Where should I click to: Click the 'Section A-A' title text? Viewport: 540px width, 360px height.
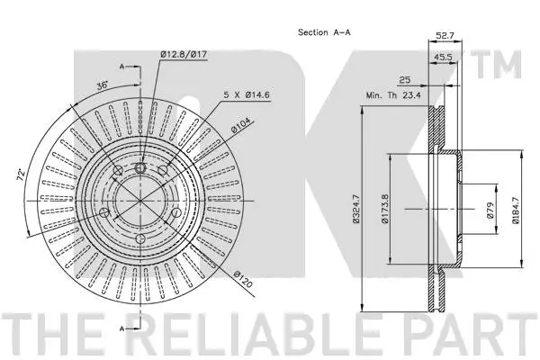(325, 32)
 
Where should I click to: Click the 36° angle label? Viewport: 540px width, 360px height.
(103, 85)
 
